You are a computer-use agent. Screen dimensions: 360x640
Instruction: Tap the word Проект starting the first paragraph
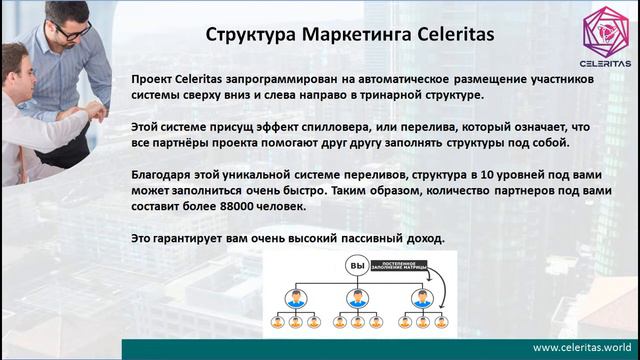click(x=156, y=78)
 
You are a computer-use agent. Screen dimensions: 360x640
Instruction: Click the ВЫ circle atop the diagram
click(x=357, y=265)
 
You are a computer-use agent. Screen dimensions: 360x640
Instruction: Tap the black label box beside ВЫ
click(x=409, y=265)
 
